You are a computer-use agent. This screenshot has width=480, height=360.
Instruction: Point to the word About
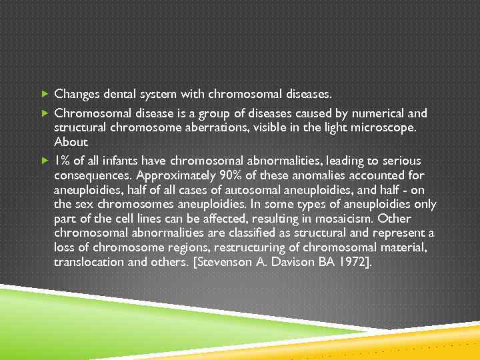coord(70,142)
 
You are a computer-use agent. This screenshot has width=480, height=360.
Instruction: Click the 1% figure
coord(63,161)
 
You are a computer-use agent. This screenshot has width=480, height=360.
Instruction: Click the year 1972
coord(349,262)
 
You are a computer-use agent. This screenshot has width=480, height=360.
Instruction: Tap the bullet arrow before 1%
coord(45,161)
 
